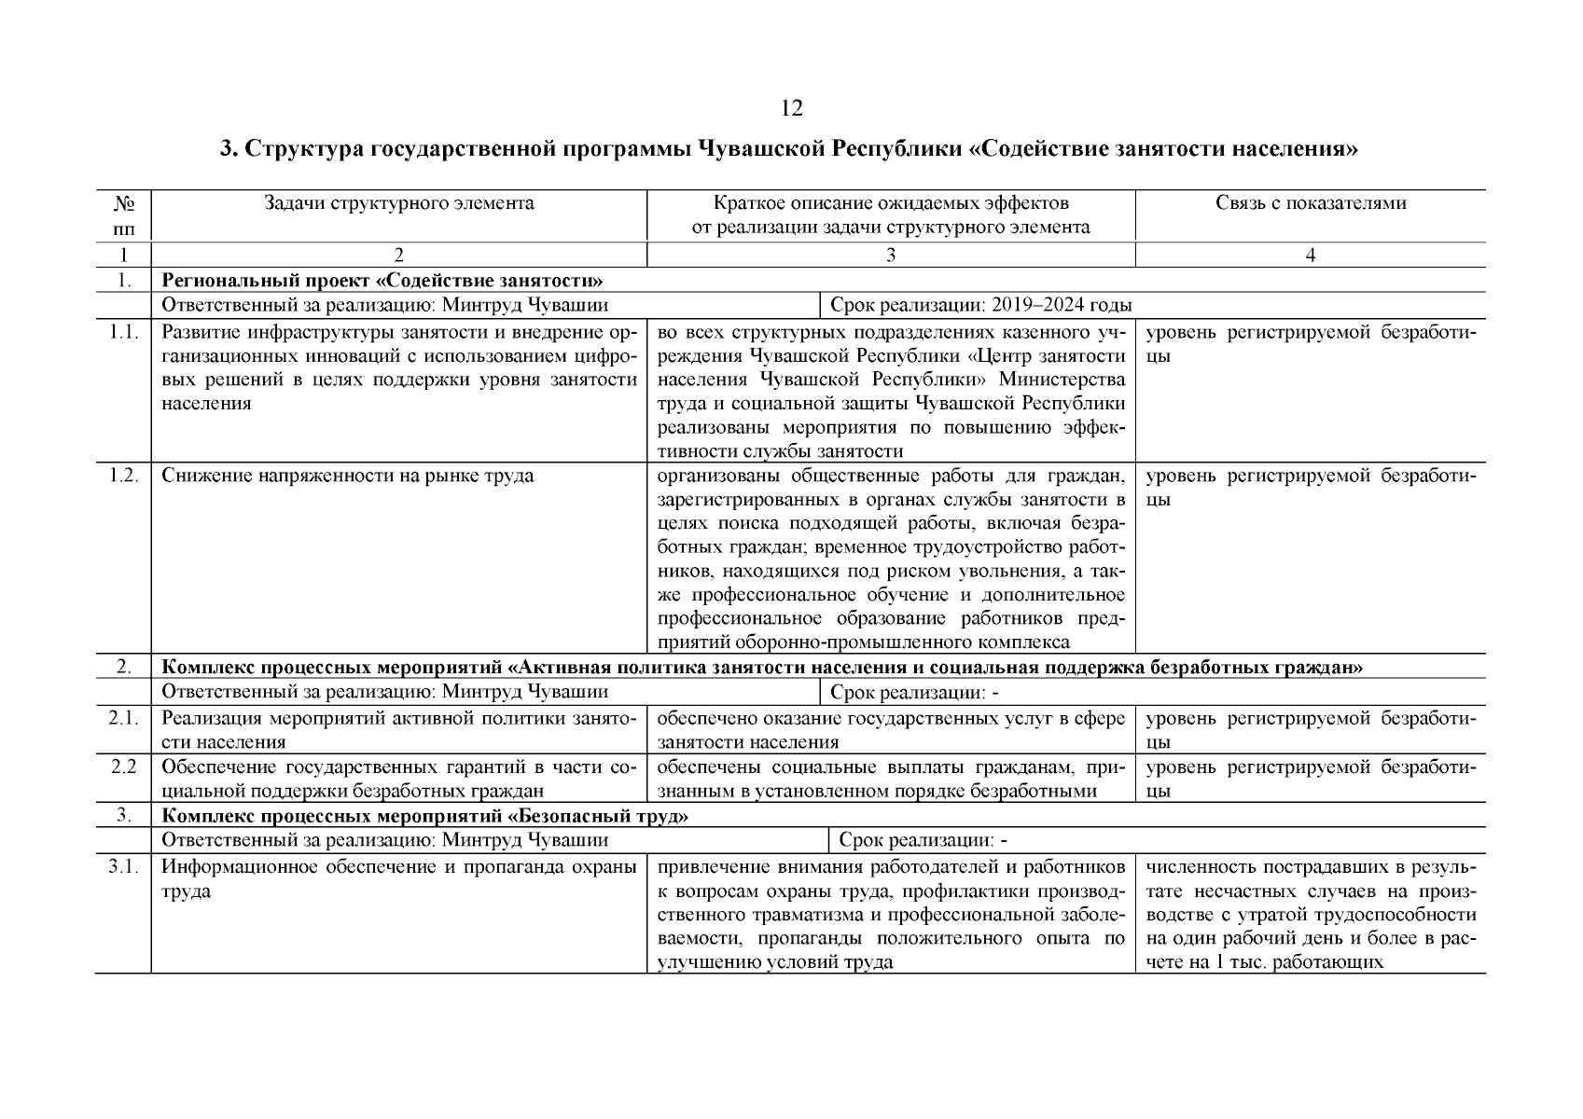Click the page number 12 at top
click(x=790, y=109)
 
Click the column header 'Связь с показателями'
click(x=1310, y=203)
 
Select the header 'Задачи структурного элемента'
click(x=398, y=203)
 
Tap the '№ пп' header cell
click(x=122, y=214)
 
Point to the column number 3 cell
click(x=890, y=255)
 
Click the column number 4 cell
click(x=1310, y=255)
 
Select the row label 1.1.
click(x=122, y=333)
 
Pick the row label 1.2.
click(x=122, y=476)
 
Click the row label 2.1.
click(x=122, y=718)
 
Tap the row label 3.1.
click(x=122, y=867)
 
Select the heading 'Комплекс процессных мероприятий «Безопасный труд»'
click(x=425, y=816)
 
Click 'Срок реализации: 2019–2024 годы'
click(x=981, y=304)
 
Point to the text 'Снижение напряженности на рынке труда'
click(x=347, y=476)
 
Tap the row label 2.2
click(x=122, y=767)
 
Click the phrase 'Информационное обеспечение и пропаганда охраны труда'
click(x=398, y=878)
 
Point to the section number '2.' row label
click(x=122, y=667)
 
